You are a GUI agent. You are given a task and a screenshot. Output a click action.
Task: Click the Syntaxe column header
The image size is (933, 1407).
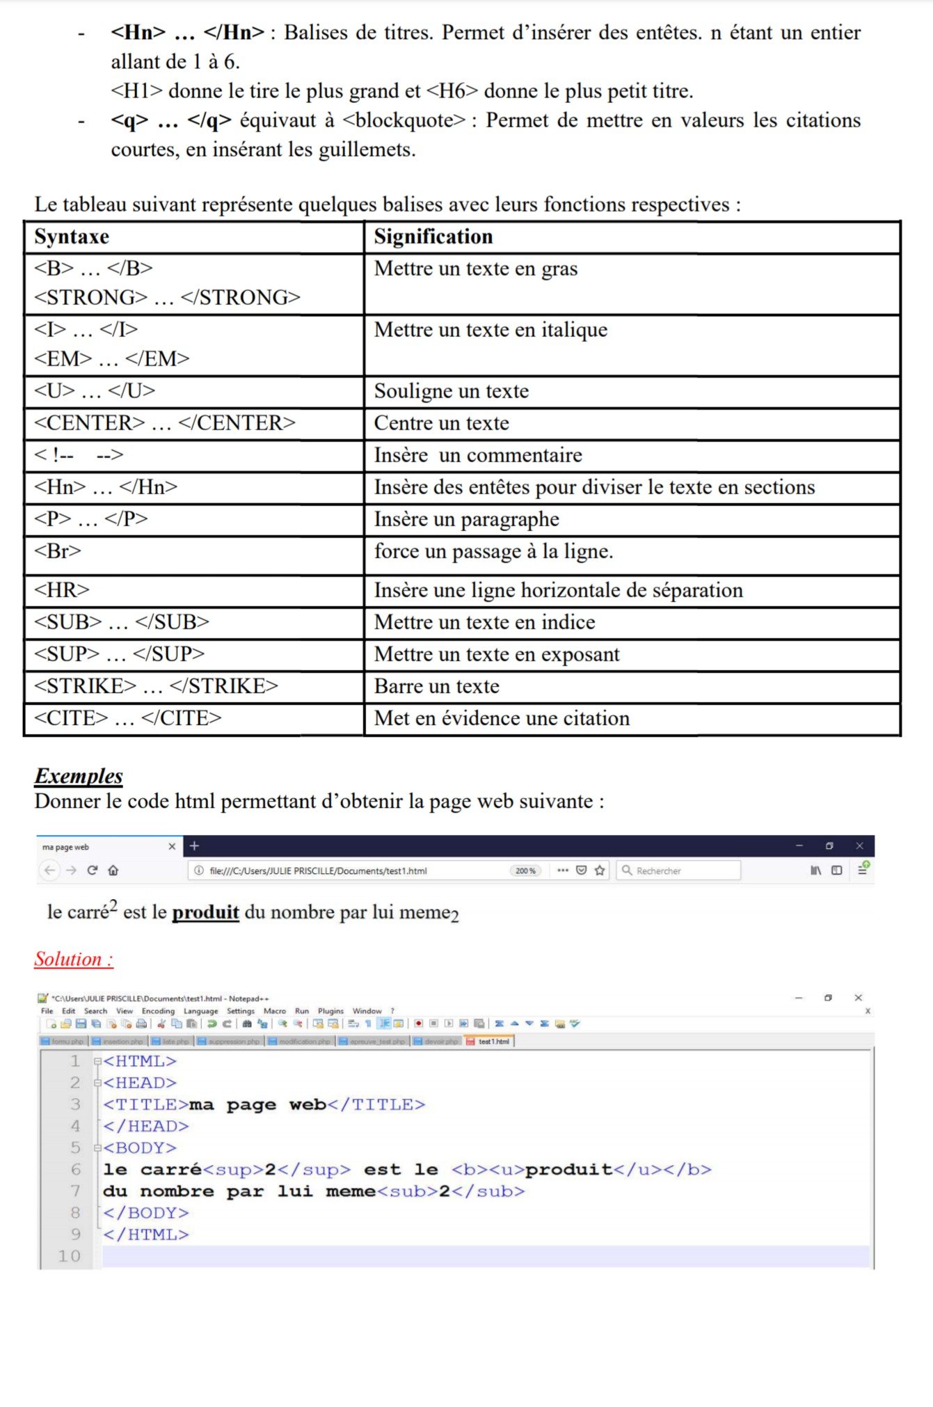tap(72, 237)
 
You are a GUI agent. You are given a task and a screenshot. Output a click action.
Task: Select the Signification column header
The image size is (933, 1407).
tap(433, 237)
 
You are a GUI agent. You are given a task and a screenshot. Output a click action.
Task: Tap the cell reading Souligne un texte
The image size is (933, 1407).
tap(452, 391)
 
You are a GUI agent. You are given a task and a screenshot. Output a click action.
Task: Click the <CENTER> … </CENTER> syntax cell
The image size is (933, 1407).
tap(165, 423)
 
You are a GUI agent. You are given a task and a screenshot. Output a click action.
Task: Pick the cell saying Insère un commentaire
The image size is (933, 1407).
tap(478, 455)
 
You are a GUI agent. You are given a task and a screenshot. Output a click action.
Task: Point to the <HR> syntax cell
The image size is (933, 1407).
tap(62, 590)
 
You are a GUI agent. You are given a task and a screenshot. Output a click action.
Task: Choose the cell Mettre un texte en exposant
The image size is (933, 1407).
tap(497, 654)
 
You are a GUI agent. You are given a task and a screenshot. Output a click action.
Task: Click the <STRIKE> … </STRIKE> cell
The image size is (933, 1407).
tap(156, 686)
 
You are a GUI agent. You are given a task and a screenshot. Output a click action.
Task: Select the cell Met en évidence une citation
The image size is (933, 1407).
tap(502, 718)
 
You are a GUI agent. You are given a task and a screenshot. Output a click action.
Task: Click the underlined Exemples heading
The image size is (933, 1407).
tap(79, 776)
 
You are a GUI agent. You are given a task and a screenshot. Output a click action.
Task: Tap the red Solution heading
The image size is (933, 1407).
tap(73, 959)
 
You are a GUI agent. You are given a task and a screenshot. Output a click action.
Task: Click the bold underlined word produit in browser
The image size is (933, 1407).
tap(205, 912)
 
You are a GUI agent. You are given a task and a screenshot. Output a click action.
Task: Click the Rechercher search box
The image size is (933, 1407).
tap(678, 871)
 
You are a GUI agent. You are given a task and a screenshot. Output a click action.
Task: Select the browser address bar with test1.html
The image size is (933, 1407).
tap(348, 871)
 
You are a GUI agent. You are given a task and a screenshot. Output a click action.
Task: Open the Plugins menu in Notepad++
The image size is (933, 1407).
tap(330, 1011)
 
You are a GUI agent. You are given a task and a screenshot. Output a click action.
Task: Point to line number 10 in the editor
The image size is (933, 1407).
tap(69, 1256)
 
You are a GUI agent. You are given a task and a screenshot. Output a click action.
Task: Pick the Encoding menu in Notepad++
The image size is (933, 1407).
tap(158, 1011)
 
